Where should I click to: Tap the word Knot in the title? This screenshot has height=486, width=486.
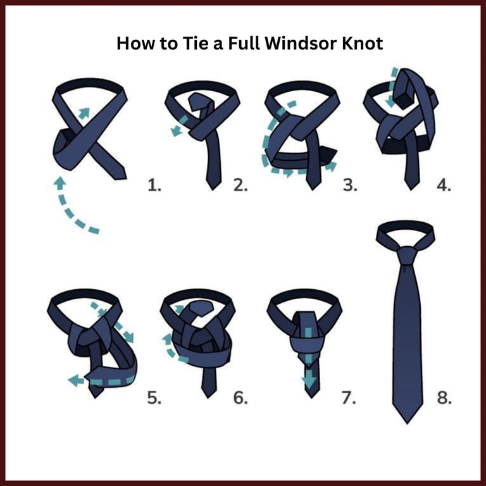click(x=362, y=43)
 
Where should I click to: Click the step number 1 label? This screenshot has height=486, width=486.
click(x=154, y=185)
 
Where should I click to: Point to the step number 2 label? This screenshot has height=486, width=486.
click(x=240, y=185)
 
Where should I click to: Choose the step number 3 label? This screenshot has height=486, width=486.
click(x=350, y=185)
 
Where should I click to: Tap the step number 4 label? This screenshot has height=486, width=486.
click(x=444, y=185)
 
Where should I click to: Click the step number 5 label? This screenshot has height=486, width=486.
click(x=154, y=398)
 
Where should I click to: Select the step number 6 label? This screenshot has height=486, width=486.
click(x=240, y=398)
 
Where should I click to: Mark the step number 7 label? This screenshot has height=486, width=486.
click(x=349, y=398)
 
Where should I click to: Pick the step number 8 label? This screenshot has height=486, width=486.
click(x=444, y=398)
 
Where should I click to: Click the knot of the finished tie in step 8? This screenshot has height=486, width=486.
click(x=406, y=256)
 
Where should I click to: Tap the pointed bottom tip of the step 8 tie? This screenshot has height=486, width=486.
click(x=408, y=423)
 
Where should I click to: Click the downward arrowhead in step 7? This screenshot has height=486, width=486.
click(x=308, y=383)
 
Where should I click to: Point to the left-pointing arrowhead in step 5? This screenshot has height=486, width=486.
click(x=75, y=380)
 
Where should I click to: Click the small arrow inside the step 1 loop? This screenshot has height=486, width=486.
click(x=84, y=113)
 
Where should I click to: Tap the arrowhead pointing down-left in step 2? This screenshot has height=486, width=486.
click(x=176, y=131)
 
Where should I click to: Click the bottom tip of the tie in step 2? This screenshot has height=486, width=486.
click(x=213, y=189)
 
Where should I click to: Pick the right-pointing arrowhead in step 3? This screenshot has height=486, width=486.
click(x=331, y=166)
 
